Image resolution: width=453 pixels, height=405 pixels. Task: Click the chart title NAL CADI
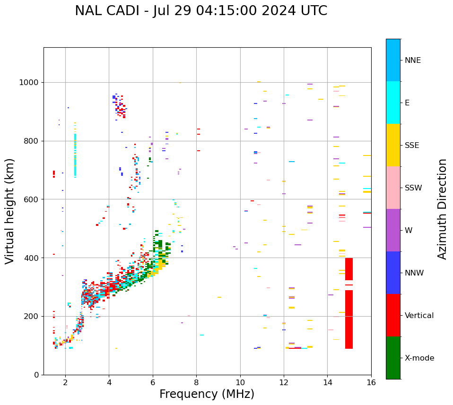(x=201, y=11)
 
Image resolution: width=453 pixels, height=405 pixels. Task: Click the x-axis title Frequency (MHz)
(x=207, y=394)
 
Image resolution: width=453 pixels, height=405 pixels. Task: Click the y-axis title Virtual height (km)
(x=10, y=211)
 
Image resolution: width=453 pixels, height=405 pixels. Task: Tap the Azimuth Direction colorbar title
(x=442, y=209)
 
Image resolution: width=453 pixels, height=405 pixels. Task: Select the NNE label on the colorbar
(x=412, y=60)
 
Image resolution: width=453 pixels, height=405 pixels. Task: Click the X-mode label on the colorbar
(x=419, y=358)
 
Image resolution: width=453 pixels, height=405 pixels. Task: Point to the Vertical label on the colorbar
(x=419, y=316)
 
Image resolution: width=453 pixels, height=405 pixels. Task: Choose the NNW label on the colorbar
(x=414, y=273)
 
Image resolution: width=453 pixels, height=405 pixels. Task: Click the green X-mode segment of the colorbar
(x=393, y=358)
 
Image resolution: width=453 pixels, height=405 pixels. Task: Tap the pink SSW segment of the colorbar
(x=393, y=188)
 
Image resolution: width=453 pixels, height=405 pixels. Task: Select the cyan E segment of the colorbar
(x=393, y=103)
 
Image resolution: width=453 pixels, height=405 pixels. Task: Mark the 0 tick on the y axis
(x=36, y=375)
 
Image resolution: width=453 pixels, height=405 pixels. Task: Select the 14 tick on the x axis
(x=328, y=382)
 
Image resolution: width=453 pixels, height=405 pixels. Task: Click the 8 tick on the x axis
(x=196, y=382)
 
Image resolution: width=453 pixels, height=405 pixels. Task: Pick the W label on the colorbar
(x=409, y=231)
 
